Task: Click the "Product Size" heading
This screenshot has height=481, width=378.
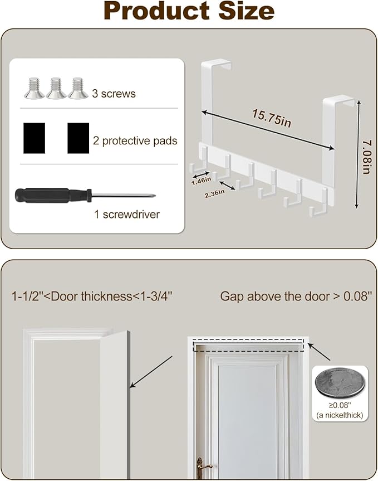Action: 189,11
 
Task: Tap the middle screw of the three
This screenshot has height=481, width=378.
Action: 56,89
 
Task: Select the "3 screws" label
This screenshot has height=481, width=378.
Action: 114,94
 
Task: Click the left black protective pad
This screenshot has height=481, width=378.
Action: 35,138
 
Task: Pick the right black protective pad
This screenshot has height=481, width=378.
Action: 78,138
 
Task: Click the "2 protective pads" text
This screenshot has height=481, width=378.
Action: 135,141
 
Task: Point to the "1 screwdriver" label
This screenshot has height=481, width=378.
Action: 127,215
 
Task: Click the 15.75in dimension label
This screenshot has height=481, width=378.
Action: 272,118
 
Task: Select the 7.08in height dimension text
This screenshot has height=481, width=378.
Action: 366,157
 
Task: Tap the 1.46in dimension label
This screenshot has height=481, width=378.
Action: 202,181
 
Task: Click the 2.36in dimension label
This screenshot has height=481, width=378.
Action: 214,193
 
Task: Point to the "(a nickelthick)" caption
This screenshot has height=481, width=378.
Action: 340,415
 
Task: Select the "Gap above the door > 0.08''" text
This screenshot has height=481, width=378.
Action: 296,297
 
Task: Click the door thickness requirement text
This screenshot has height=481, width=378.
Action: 92,297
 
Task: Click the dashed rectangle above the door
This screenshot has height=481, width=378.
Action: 248,339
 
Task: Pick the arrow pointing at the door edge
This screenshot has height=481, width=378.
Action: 151,372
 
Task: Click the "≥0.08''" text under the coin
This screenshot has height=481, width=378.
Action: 340,405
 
